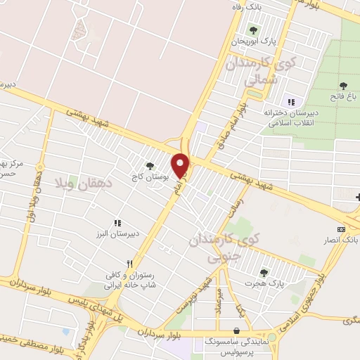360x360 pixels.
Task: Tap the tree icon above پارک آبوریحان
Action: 254,30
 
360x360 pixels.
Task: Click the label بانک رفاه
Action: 250,6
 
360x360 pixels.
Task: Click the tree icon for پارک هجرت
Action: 264,272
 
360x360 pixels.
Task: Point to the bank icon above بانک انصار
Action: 342,229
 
